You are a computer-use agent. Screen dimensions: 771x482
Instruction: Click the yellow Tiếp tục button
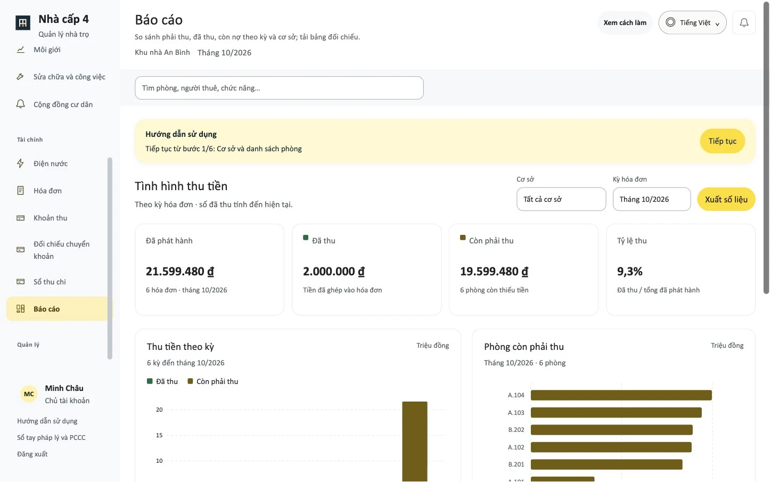722,141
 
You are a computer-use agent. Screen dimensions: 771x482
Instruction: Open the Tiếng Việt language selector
692,22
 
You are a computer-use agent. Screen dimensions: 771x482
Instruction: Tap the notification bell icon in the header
744,23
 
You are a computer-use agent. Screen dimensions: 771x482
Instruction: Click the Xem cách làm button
625,23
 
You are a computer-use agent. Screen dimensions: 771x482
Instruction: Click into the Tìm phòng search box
279,88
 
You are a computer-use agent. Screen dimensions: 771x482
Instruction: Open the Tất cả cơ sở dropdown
561,199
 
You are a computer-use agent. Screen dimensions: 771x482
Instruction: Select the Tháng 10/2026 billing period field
652,199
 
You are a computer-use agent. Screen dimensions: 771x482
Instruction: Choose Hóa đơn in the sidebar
47,190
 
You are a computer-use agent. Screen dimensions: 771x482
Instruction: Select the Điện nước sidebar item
51,163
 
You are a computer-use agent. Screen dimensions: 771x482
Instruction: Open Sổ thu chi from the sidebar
50,281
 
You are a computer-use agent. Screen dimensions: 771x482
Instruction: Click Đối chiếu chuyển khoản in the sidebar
61,250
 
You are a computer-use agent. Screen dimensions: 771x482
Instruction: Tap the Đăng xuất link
32,454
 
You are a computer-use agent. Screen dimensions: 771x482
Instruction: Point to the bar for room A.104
621,395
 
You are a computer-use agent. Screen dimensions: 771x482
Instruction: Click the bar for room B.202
612,430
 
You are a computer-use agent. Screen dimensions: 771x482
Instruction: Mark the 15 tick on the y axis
159,435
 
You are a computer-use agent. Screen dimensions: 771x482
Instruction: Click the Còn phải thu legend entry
212,381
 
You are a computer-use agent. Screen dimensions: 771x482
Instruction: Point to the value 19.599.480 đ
494,271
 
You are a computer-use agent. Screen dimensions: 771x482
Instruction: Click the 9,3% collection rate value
629,271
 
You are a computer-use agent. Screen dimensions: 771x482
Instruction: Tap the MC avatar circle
29,394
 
